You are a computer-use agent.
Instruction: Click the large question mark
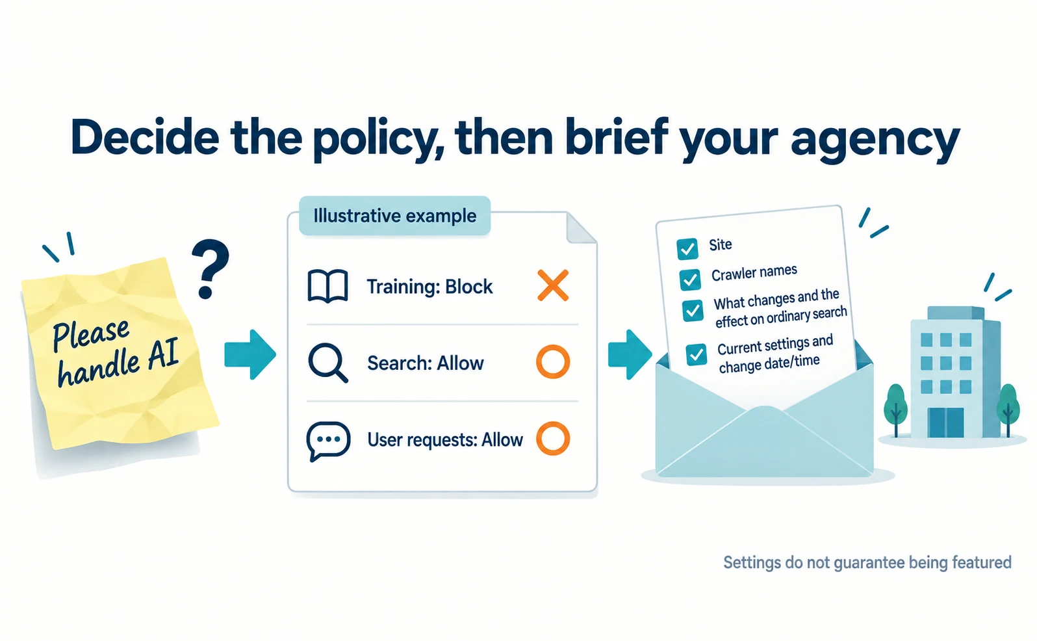(211, 268)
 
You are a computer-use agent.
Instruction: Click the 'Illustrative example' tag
(394, 216)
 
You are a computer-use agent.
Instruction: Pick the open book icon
(327, 286)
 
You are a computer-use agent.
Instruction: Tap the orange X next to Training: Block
(553, 285)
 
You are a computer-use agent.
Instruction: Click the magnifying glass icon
(327, 363)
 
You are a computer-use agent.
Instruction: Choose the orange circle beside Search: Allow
(553, 361)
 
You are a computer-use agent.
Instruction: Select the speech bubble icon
(327, 441)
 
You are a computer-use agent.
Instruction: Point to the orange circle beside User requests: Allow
(553, 439)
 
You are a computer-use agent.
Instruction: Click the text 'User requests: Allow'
(445, 439)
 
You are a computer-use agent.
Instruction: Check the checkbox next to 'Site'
(687, 249)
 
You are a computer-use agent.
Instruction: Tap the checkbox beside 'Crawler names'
(690, 280)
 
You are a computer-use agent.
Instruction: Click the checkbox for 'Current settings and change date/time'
(696, 355)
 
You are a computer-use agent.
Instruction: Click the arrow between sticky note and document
(250, 355)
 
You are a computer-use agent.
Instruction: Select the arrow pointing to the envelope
(630, 355)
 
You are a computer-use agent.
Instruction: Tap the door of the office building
(946, 423)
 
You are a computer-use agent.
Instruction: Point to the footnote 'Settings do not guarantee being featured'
(867, 563)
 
